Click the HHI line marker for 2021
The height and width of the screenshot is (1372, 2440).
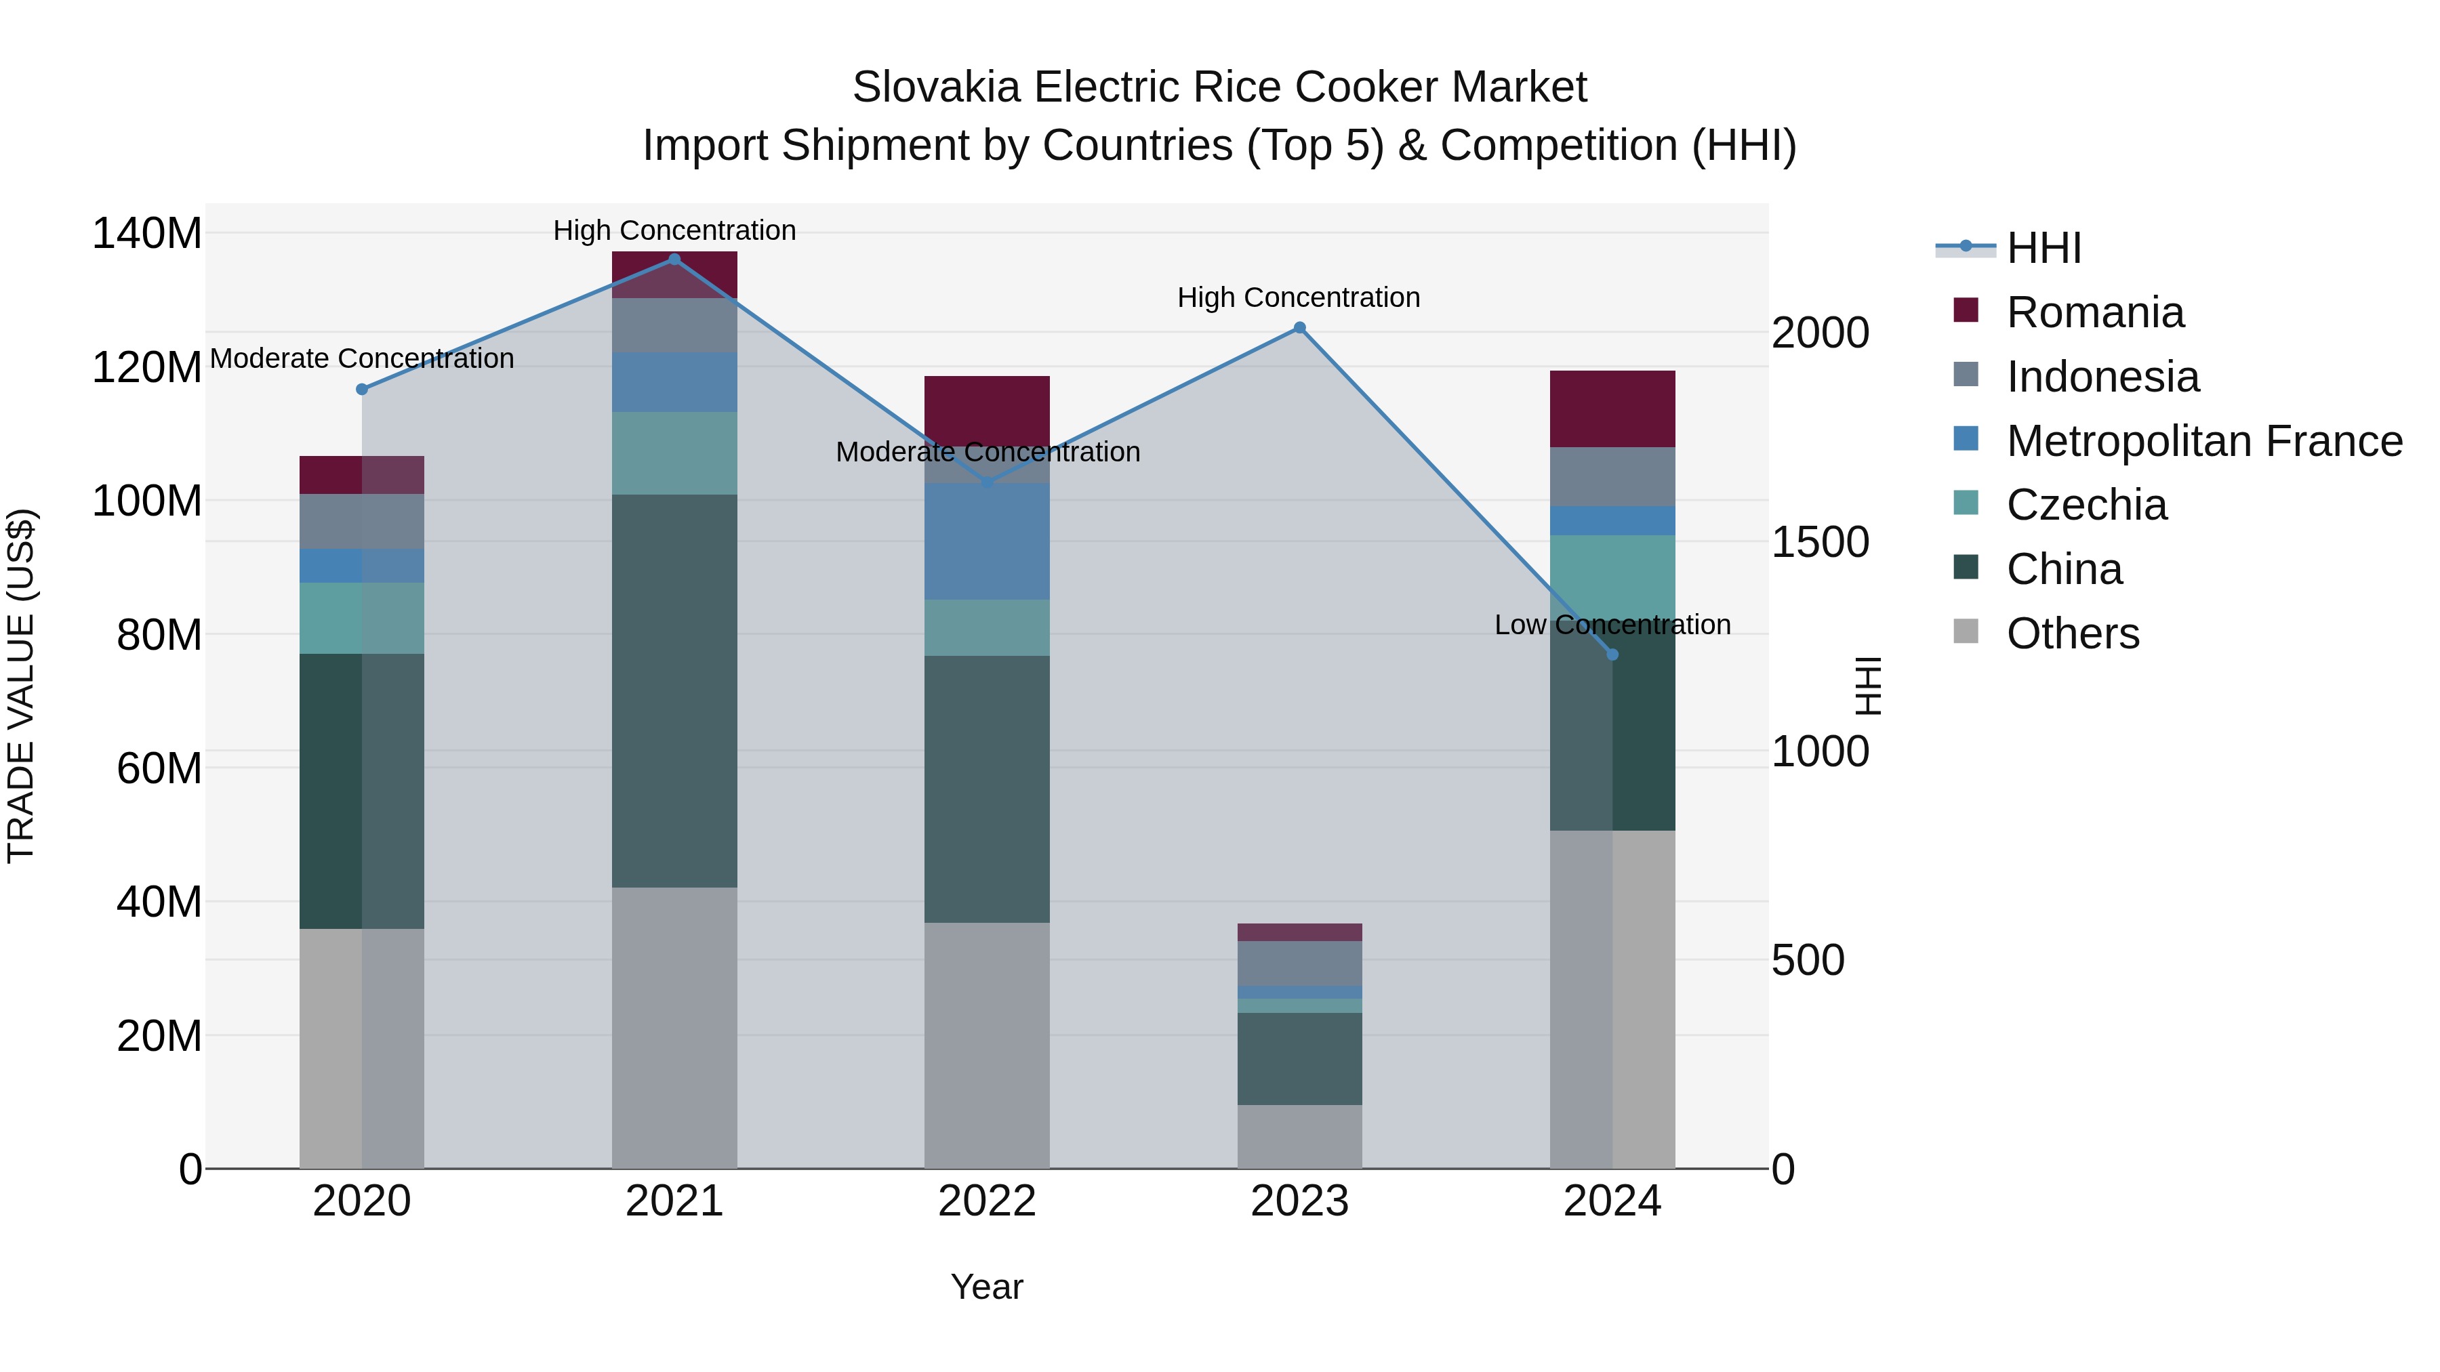point(674,259)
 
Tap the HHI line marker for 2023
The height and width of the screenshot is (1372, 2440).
point(1299,328)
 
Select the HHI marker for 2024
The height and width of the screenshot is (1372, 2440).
point(1612,654)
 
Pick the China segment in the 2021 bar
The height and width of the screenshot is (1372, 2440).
point(674,690)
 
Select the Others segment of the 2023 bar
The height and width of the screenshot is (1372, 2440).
point(1299,1136)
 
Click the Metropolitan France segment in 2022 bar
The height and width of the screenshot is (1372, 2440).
point(987,541)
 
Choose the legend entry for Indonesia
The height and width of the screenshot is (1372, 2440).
point(2101,377)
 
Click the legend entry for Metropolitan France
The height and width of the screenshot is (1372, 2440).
point(2203,441)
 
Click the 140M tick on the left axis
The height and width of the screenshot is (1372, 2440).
point(147,234)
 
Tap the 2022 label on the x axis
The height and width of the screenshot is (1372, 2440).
point(987,1201)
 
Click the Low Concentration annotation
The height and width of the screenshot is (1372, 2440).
point(1612,625)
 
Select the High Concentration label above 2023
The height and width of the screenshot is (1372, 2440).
point(1299,297)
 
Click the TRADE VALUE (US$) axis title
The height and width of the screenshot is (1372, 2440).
point(21,686)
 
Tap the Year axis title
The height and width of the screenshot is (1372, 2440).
point(987,1287)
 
